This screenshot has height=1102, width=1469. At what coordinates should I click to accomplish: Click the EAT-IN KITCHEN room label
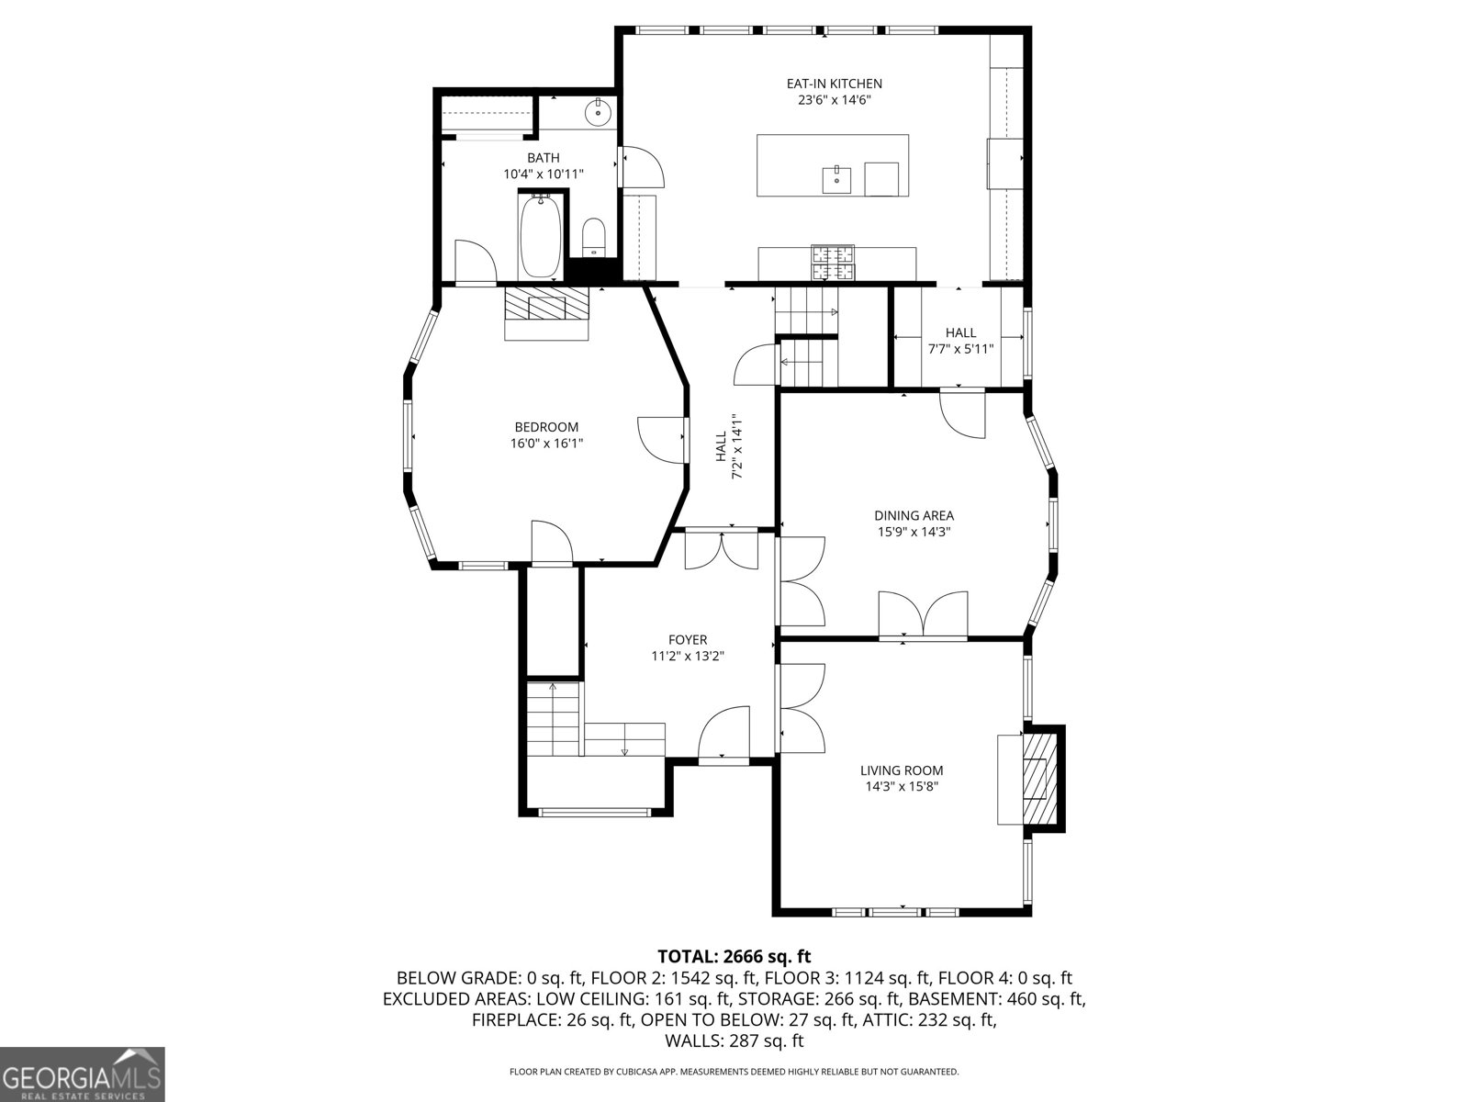tap(834, 84)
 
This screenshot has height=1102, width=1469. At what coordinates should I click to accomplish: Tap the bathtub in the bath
tap(540, 235)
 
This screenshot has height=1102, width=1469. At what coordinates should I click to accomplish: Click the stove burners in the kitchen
tap(834, 263)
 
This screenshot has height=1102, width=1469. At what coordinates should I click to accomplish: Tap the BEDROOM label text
tap(546, 427)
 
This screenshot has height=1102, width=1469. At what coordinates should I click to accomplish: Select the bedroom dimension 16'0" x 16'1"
tap(546, 443)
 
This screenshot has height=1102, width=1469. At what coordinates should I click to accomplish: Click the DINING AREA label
tap(914, 516)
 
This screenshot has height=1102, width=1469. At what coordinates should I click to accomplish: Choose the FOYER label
tap(688, 640)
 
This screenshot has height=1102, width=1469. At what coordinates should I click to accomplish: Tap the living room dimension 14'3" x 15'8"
tap(902, 786)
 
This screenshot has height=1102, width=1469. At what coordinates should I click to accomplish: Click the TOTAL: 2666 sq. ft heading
tap(734, 956)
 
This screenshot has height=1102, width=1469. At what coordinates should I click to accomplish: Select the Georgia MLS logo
tap(83, 1074)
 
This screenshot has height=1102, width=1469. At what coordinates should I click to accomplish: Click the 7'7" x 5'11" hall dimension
tap(960, 349)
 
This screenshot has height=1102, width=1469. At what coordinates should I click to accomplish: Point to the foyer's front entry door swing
tap(723, 735)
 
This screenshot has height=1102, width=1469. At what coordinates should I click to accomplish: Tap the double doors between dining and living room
tap(923, 614)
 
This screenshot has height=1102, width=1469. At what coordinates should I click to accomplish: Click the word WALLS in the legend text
tap(691, 1040)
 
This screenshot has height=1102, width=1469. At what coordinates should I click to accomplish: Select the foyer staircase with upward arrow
tap(553, 717)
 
